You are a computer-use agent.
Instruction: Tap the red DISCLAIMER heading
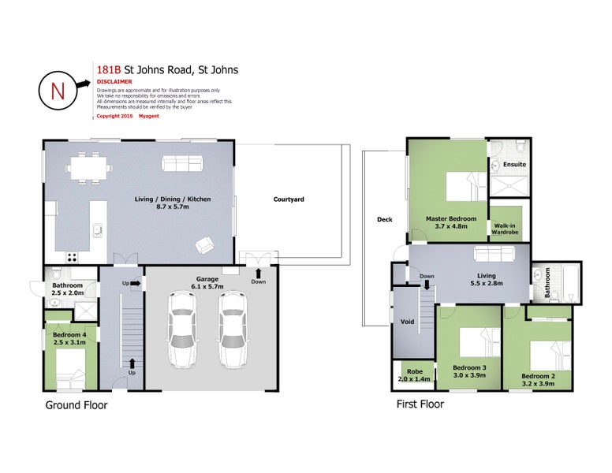click(x=114, y=81)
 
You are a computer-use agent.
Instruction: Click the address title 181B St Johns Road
click(x=166, y=69)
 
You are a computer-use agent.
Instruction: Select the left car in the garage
click(x=182, y=330)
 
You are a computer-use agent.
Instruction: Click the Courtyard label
click(x=289, y=199)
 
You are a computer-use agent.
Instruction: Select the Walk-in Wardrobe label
click(x=509, y=229)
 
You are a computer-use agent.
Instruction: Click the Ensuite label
click(x=514, y=164)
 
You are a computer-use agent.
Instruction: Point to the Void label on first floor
click(x=408, y=322)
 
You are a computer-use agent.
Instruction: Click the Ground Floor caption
click(x=76, y=405)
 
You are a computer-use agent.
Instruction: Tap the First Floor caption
click(x=420, y=404)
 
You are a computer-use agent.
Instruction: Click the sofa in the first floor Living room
click(x=493, y=254)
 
